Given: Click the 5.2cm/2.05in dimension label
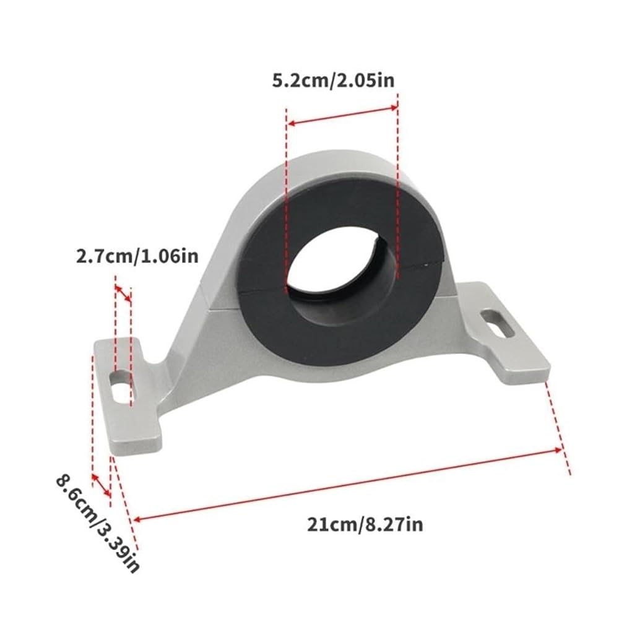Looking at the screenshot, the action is point(333,80).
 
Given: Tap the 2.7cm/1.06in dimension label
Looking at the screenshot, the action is point(137,257).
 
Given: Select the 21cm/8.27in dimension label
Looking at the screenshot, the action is point(365,525).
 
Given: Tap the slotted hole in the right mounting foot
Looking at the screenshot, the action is point(498,324).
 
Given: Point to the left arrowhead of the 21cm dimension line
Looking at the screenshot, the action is point(137,519).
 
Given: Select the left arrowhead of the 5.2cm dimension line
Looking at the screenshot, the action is point(292,124).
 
